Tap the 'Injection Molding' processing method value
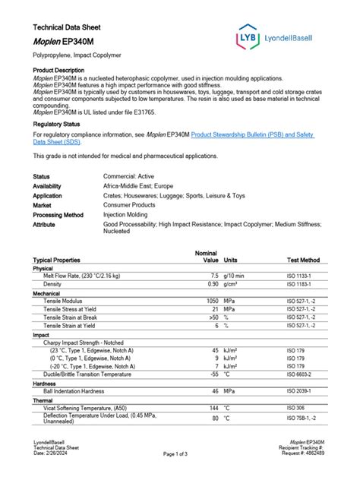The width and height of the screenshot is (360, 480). click(134, 215)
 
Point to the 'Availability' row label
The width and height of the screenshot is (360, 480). click(47, 185)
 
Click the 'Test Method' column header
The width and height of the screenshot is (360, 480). click(303, 260)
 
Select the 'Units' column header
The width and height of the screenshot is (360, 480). click(232, 260)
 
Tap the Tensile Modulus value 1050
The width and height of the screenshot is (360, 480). click(211, 300)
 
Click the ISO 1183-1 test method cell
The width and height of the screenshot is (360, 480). click(300, 283)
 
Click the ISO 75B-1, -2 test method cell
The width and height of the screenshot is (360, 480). click(302, 418)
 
